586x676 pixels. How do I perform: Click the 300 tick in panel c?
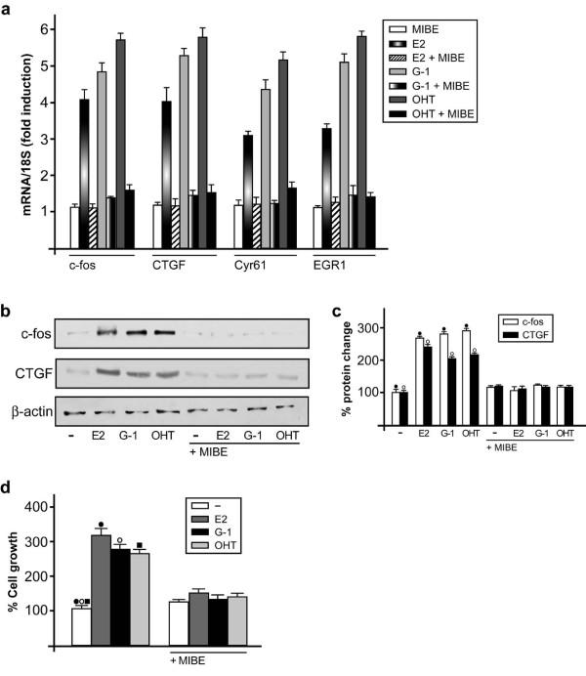pyautogui.click(x=371, y=327)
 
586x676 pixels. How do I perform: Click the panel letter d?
pyautogui.click(x=8, y=486)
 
